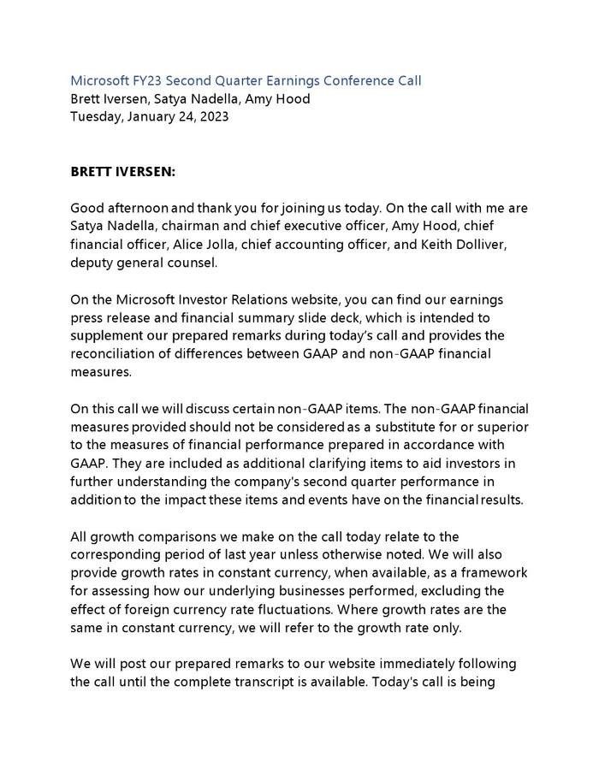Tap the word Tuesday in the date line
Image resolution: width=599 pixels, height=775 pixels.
tap(95, 116)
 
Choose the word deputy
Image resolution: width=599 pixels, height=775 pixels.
tap(92, 263)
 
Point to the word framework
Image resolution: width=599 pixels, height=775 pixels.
tap(495, 572)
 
